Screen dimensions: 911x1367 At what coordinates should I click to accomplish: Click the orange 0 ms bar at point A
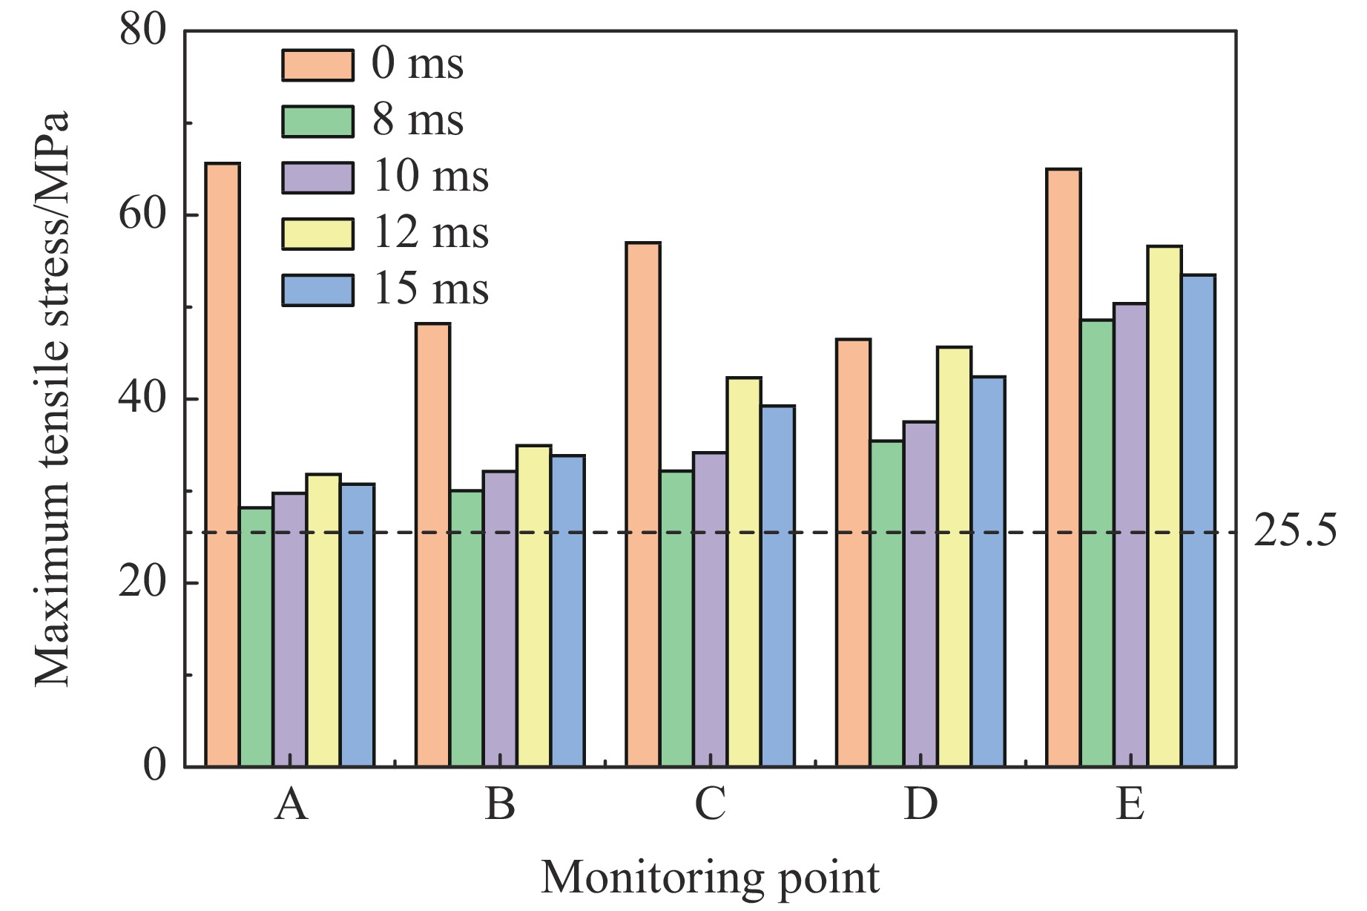coord(223,464)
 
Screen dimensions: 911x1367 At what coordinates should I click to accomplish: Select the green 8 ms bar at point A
coord(257,637)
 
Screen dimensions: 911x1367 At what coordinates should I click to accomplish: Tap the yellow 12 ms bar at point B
coord(534,605)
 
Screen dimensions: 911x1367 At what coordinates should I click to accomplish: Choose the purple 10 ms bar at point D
coord(920,593)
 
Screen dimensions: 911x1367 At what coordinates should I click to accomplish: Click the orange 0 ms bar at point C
coord(643,504)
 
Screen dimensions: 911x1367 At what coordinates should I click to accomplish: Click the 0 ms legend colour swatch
coord(317,65)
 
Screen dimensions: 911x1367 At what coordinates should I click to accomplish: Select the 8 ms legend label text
coord(418,120)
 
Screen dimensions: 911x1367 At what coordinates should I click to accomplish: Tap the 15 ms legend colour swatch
coord(317,290)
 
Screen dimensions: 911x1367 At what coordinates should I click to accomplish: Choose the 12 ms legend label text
coord(430,233)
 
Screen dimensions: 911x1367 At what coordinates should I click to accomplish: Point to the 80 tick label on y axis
coord(142,31)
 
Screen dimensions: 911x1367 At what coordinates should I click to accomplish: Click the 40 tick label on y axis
coord(142,399)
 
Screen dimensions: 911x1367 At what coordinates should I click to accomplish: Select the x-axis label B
coord(500,804)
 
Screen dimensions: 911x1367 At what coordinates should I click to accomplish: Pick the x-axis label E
coord(1130,804)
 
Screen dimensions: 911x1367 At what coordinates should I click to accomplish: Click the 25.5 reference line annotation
coord(1295,532)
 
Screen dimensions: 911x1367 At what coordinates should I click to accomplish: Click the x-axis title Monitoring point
coord(710,878)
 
